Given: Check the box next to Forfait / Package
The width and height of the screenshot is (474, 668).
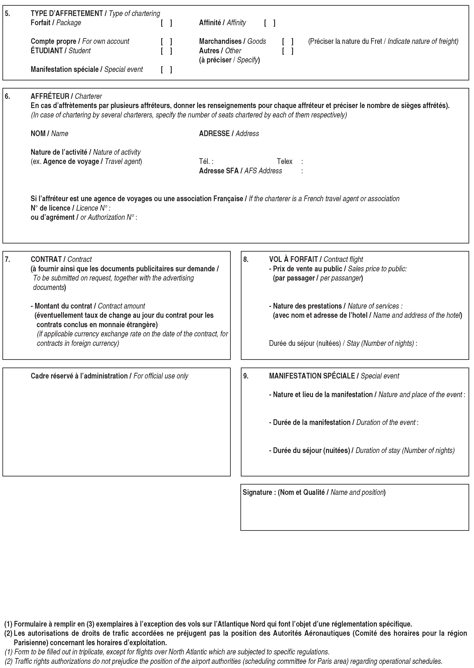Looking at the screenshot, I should click(166, 23).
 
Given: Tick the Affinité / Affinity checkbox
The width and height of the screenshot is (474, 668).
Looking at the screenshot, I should click(270, 23).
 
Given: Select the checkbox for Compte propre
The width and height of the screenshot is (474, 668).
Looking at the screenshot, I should click(166, 41).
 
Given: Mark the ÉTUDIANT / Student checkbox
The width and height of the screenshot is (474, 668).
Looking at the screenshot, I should click(166, 51).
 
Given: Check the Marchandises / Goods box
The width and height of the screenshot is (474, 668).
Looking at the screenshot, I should click(288, 41).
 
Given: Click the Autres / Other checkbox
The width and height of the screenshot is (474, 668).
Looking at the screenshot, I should click(288, 51).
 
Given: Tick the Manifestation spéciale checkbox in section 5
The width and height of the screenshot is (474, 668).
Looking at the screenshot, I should click(166, 69).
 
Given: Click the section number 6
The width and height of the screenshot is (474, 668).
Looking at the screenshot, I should click(7, 96).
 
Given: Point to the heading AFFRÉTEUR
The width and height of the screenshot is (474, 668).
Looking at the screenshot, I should click(50, 96).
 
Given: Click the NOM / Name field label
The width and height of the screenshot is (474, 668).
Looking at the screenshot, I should click(49, 133).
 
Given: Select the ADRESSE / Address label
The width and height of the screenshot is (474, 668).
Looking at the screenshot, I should click(229, 133).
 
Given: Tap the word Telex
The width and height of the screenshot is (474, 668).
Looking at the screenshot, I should click(284, 161).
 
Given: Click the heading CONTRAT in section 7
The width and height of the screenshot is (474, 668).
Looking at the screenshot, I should click(46, 259).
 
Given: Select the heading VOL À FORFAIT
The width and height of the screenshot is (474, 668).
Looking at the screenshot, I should click(293, 259).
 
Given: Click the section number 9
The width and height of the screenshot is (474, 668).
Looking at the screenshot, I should click(246, 376).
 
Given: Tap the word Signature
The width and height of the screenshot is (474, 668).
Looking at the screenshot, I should click(257, 492).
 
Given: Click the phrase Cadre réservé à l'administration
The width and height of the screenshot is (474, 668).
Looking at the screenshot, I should click(79, 376).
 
